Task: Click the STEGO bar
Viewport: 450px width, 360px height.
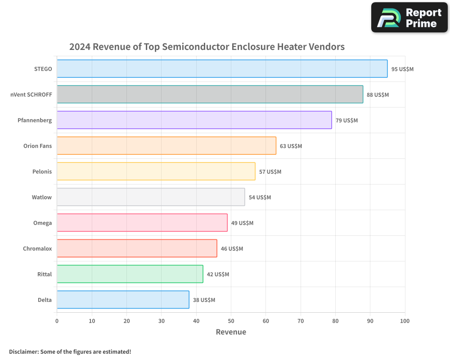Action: click(222, 69)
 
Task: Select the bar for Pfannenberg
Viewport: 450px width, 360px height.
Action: click(194, 120)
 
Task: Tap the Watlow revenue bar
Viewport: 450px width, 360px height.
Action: click(151, 197)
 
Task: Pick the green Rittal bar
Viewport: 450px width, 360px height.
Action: click(130, 274)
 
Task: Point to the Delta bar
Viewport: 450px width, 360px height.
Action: click(123, 300)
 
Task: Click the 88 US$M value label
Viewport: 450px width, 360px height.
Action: click(378, 94)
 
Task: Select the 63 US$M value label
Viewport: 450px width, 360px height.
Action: click(291, 146)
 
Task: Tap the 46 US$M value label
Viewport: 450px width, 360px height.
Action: click(232, 248)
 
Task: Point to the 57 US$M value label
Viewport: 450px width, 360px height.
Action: click(270, 171)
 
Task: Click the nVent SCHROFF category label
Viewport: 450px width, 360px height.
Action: click(31, 94)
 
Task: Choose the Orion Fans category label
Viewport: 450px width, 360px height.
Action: click(37, 146)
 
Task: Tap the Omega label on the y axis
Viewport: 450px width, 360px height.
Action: click(42, 223)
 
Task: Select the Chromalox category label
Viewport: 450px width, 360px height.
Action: click(37, 248)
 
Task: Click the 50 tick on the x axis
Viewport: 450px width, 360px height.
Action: click(231, 321)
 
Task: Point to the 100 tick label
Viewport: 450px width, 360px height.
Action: click(405, 321)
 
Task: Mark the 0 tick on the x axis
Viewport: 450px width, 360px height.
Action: click(57, 321)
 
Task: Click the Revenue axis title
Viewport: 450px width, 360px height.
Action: click(231, 332)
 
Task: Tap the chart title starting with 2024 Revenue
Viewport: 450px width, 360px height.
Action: click(207, 47)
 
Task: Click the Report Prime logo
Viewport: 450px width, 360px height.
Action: click(409, 18)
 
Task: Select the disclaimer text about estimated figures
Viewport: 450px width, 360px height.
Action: click(70, 351)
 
